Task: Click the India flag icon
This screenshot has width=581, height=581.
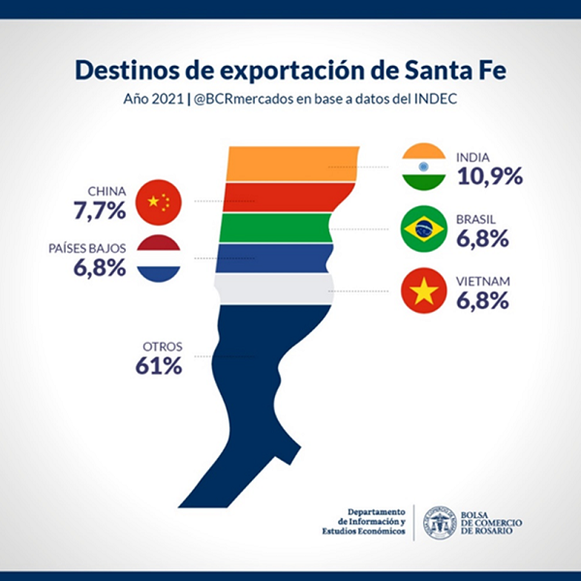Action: [423, 167]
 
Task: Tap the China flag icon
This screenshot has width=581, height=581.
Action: [159, 201]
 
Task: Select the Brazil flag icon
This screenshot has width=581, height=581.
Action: [423, 229]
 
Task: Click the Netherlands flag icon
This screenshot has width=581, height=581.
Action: [159, 259]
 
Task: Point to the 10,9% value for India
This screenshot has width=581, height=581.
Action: [488, 176]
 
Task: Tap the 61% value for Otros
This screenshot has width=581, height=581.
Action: [158, 366]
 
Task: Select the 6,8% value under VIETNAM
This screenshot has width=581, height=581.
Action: [481, 300]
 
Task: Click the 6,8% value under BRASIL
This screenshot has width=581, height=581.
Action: [481, 238]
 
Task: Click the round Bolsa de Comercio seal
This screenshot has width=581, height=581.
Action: [440, 521]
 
